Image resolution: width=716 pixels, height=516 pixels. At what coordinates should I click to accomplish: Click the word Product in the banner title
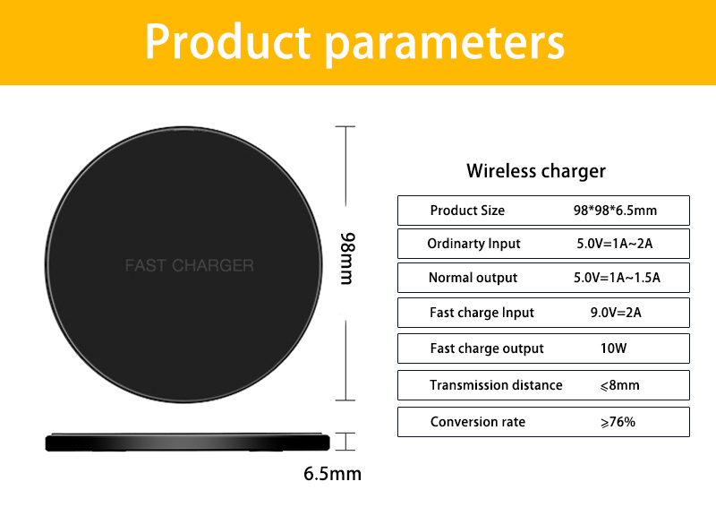[227, 42]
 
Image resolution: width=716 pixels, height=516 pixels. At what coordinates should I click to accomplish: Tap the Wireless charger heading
[536, 170]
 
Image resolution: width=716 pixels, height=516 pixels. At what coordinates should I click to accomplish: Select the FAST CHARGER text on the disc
[189, 265]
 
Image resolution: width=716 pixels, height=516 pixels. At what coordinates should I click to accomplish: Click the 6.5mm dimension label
[332, 473]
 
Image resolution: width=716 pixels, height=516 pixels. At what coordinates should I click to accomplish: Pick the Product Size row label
[467, 211]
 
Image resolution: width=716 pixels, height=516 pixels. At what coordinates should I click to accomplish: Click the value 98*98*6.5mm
[615, 211]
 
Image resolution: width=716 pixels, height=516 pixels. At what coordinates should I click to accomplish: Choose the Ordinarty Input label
[473, 244]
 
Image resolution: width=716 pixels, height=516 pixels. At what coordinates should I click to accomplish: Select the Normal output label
[473, 278]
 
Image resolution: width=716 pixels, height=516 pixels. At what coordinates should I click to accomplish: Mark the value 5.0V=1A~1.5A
[617, 278]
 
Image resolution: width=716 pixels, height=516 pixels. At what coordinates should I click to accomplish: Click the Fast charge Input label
[482, 313]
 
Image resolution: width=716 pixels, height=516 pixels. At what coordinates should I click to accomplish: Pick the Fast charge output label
[487, 348]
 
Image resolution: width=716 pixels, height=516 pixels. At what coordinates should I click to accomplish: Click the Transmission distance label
[496, 385]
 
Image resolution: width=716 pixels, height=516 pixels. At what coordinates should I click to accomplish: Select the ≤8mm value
[615, 385]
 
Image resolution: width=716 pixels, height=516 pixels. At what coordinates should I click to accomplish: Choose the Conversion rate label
[478, 422]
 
